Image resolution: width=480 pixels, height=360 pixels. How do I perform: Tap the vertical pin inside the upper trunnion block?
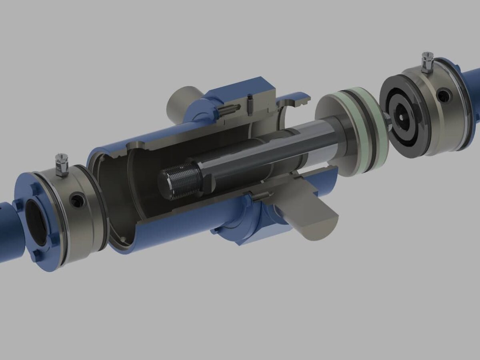250,104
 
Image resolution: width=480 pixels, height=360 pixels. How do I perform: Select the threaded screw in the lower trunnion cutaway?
260,195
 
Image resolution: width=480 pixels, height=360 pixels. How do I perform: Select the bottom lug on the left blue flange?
38,256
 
